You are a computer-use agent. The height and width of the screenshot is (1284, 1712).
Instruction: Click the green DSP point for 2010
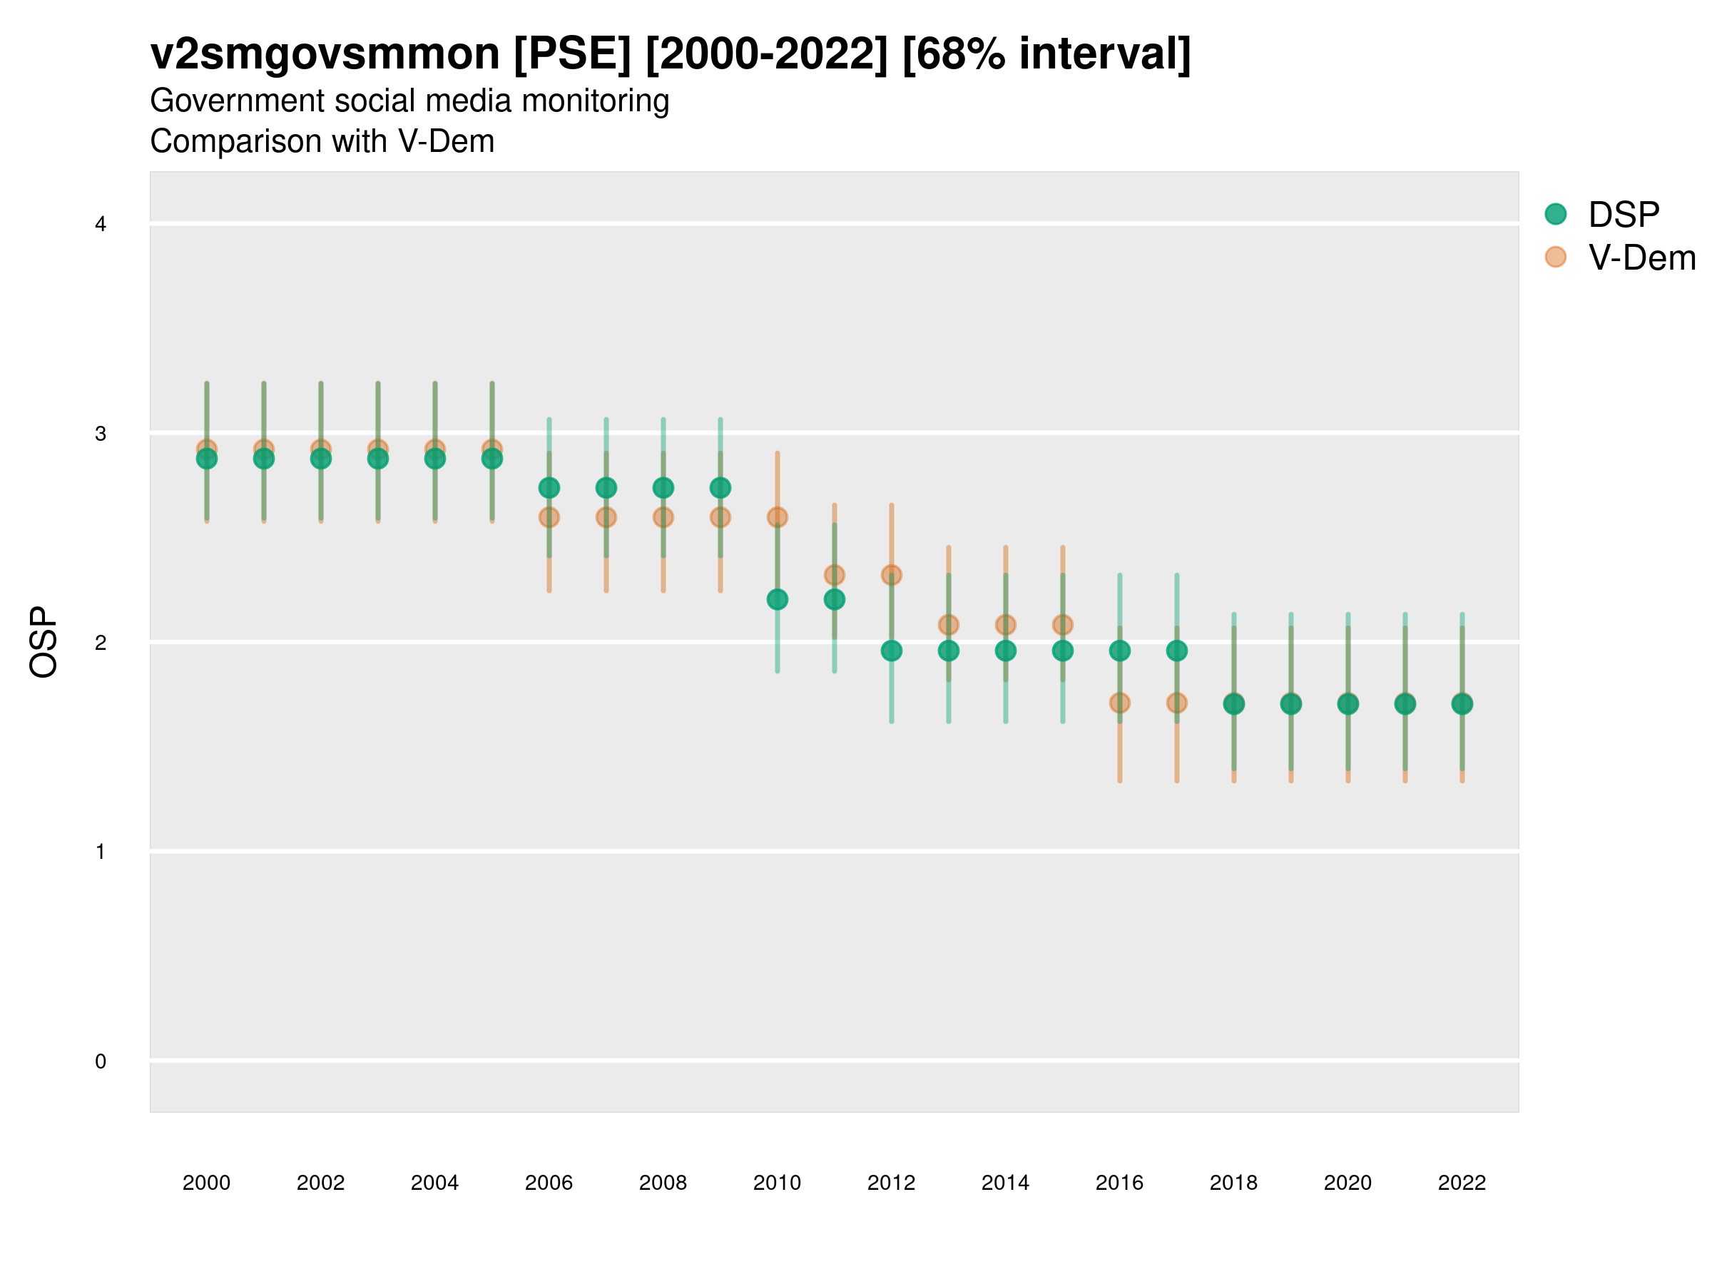777,599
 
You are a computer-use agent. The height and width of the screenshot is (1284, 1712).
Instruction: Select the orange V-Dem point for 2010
777,517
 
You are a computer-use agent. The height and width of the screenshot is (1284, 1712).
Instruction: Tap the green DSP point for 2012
892,651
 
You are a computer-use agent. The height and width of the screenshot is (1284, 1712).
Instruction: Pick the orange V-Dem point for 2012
892,575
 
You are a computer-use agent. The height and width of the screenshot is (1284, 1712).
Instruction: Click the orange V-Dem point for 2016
1120,703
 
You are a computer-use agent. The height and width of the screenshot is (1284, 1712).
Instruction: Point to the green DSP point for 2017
1176,651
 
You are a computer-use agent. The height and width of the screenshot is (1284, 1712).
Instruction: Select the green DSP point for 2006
549,488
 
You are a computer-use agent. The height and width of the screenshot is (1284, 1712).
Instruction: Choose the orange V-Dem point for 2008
663,517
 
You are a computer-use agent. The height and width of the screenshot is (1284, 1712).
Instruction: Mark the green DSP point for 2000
207,459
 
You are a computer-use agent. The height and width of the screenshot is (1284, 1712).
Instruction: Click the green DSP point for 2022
1462,703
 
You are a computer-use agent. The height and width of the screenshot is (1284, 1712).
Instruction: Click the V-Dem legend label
1641,258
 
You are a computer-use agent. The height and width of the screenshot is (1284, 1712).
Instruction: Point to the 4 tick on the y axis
101,225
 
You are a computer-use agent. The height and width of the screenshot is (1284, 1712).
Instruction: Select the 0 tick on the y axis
101,1061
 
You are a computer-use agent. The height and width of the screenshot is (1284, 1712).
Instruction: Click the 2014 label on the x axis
1005,1183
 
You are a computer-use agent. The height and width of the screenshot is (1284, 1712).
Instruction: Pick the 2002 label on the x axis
320,1183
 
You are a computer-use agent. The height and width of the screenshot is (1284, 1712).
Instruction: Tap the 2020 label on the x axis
1347,1183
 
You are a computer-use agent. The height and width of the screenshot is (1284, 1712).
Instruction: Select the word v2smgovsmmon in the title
325,54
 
